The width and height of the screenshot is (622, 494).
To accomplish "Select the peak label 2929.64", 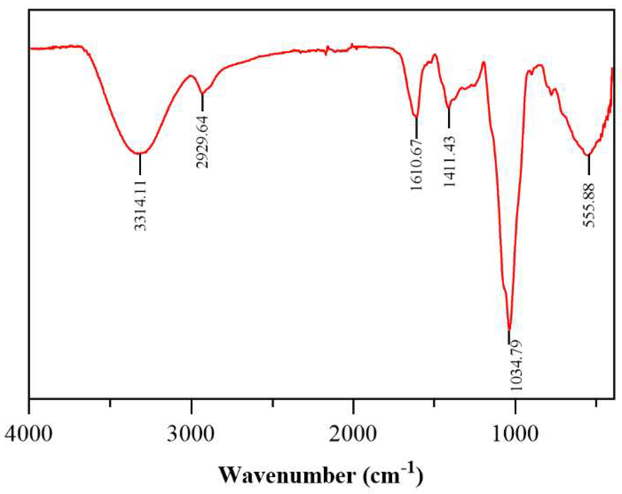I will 202,142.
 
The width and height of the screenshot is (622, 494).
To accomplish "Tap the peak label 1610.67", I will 416,164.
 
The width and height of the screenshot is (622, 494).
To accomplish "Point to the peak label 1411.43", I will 449,162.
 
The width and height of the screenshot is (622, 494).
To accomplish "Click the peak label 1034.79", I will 516,365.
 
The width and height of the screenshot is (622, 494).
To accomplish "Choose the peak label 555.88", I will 589,205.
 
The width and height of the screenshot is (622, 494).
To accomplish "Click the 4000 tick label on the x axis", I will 29,434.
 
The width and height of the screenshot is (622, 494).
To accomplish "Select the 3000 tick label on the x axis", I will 191,434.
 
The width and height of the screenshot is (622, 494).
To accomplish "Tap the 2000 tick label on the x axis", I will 353,434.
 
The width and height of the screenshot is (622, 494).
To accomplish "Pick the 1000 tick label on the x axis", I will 515,434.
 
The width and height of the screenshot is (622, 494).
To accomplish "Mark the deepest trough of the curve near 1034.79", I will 510,329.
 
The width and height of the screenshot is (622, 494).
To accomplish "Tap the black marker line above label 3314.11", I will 140,164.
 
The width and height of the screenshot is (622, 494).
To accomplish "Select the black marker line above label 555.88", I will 589,165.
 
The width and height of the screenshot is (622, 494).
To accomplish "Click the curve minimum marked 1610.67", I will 416,116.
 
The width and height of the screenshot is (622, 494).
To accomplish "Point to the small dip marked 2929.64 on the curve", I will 202,94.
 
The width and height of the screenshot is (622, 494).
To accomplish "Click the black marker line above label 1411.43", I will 449,118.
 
